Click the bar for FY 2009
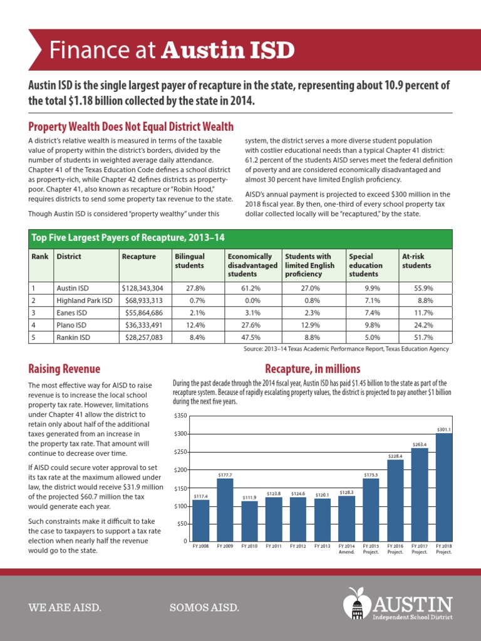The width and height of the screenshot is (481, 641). tap(225, 510)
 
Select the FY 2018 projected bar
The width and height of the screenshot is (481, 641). tap(444, 487)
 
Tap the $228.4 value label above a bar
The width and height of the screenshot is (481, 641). tap(395, 456)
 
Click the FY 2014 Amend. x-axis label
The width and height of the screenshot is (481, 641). tap(346, 549)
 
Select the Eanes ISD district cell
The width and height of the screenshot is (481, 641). tap(71, 312)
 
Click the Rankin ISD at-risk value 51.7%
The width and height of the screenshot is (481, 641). tap(423, 337)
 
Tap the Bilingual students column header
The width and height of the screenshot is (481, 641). tap(189, 261)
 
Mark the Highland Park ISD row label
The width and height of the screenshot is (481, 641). tap(85, 300)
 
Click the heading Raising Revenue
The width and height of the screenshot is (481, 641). tap(65, 369)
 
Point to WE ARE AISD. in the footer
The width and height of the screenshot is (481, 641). tap(65, 608)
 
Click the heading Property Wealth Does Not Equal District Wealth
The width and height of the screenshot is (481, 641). tap(132, 127)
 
